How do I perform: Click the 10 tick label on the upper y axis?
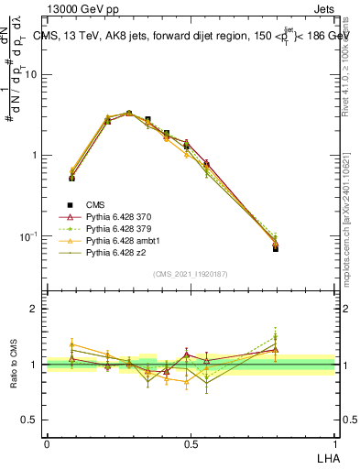tap(30, 75)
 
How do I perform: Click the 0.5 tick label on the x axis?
tap(191, 443)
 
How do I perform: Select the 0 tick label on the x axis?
tap(47, 443)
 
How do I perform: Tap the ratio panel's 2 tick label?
tap(35, 309)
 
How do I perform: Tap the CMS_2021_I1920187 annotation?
tap(190, 273)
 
